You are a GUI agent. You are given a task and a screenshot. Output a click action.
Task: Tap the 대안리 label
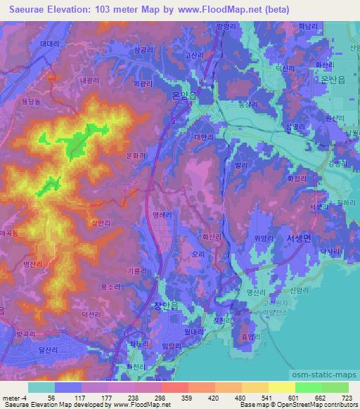click(203, 138)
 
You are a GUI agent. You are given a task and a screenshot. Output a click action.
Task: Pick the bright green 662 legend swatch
click(309, 387)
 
